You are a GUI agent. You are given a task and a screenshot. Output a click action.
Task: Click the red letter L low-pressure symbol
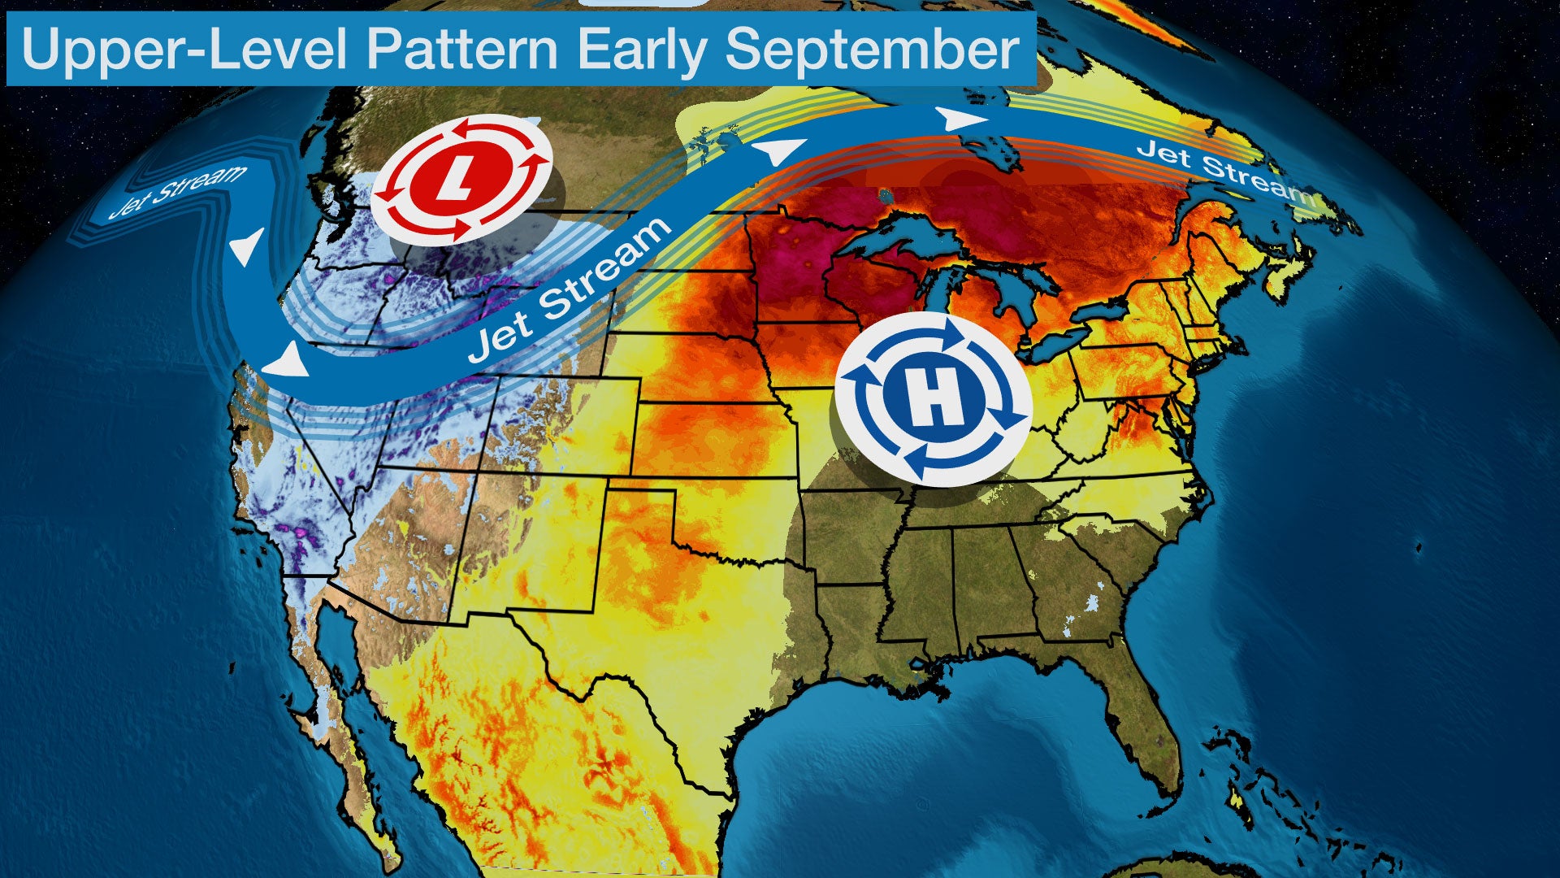(461, 179)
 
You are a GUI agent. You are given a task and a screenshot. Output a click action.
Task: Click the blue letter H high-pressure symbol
(934, 399)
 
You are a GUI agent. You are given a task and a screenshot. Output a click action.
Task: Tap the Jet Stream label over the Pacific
(179, 190)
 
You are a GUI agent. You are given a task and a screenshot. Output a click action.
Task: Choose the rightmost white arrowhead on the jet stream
(963, 120)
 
